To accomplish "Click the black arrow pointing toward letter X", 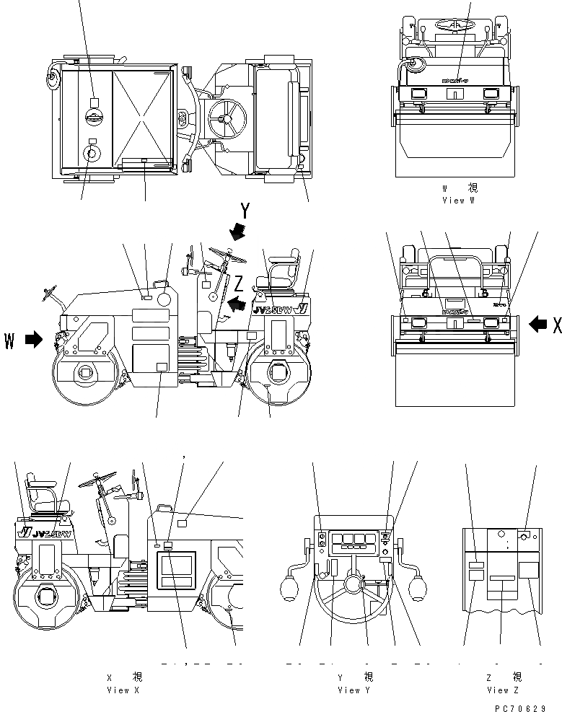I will click(x=537, y=325).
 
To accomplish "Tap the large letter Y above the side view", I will click(x=245, y=211).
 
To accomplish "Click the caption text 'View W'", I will click(x=459, y=201).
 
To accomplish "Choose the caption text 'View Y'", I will click(x=354, y=690).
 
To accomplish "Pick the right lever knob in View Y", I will click(x=416, y=588).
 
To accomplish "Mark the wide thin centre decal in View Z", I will click(x=502, y=579).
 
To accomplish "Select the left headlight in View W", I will click(x=418, y=92).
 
